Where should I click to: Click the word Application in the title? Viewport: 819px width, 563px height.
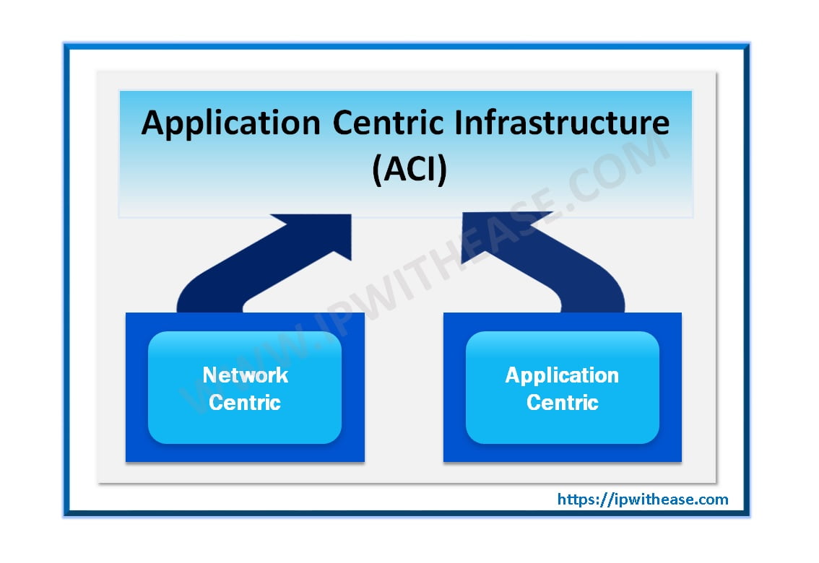(x=230, y=123)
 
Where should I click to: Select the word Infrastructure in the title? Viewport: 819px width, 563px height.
(x=561, y=123)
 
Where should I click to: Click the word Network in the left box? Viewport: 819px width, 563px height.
(x=246, y=375)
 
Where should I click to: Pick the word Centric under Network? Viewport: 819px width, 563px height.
(x=245, y=402)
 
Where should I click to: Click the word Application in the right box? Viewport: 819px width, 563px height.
(x=562, y=375)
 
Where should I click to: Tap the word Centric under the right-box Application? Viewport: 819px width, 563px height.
(x=562, y=402)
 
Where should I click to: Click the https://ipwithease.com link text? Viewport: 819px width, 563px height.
(x=642, y=499)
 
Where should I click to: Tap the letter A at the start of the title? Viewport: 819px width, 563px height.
(x=152, y=123)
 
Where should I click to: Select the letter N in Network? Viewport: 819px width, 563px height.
(x=210, y=375)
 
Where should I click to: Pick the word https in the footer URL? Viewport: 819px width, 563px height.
(x=576, y=499)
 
